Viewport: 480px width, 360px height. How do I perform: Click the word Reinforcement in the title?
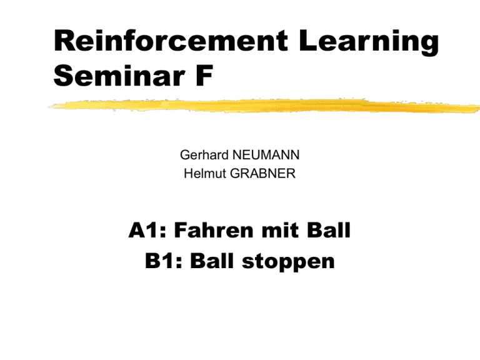(171, 41)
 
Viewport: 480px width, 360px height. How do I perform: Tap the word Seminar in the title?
(119, 76)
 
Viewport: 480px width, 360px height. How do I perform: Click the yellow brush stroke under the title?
(264, 106)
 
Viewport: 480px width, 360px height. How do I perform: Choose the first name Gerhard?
(204, 155)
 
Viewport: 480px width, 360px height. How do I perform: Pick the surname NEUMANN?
(266, 155)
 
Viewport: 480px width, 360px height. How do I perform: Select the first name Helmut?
(205, 174)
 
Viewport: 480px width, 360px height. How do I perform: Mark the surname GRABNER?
(262, 174)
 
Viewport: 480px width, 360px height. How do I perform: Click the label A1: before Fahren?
(147, 230)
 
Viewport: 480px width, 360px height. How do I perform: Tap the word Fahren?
(214, 230)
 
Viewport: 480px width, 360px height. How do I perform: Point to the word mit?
(281, 230)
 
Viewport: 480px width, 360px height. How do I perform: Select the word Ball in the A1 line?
(329, 230)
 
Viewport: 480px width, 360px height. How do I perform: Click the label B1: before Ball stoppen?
(164, 261)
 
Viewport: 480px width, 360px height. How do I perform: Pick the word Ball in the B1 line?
(212, 261)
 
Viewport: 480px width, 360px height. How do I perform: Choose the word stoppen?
(288, 262)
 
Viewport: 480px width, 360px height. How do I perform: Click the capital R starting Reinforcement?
(62, 41)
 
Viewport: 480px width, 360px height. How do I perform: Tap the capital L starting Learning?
(307, 41)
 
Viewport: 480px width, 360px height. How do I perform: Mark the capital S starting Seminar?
(63, 76)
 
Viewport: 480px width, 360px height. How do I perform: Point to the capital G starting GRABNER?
(236, 174)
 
